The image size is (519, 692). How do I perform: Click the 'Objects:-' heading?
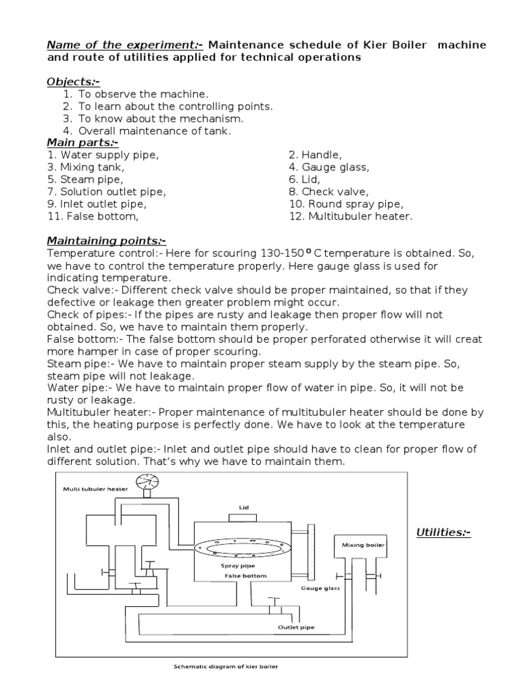(73, 82)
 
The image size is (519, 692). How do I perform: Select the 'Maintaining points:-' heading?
(106, 241)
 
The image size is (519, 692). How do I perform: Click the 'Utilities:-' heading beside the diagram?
(443, 533)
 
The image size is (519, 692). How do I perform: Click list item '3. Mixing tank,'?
(86, 167)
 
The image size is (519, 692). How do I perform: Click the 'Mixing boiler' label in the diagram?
(358, 544)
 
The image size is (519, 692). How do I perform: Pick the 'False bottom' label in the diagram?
(246, 576)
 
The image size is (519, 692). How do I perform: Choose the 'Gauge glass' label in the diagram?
(320, 589)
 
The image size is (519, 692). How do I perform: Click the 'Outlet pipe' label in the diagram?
(297, 626)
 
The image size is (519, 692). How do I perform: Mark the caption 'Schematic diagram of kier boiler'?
(226, 667)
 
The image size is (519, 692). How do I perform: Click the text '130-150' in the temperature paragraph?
(281, 253)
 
